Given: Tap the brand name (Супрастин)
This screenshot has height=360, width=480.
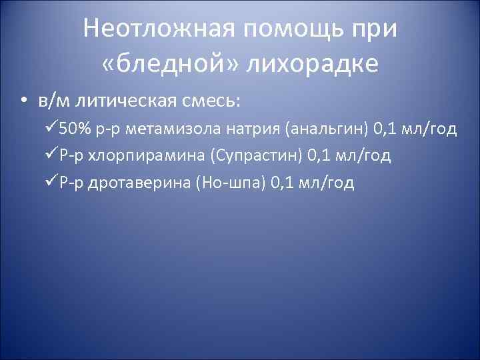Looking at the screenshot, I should pyautogui.click(x=257, y=156).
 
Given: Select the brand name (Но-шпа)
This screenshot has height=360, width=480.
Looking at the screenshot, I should pyautogui.click(x=231, y=183).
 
